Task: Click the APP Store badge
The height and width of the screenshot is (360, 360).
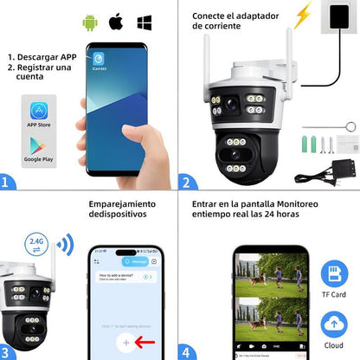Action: tap(39, 112)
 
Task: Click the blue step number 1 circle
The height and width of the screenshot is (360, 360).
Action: tap(8, 183)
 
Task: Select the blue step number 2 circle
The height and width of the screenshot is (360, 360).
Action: tap(185, 183)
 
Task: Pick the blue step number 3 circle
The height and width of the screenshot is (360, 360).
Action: tap(8, 351)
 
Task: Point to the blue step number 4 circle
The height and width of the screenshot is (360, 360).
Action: tap(185, 351)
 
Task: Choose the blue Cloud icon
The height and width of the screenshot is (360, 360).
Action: tap(333, 324)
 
